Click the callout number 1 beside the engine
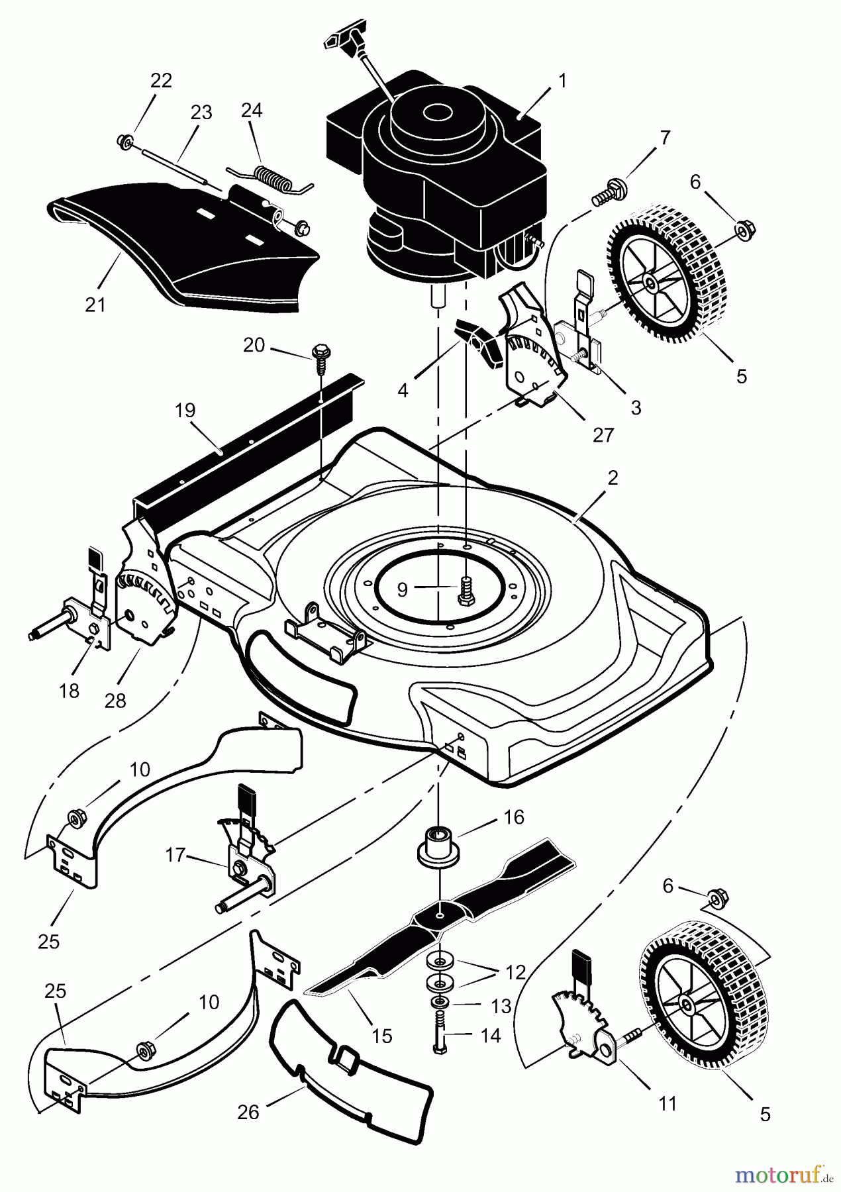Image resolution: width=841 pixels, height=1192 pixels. [562, 81]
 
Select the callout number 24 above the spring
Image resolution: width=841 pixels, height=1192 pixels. [252, 110]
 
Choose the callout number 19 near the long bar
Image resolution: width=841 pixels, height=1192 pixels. [185, 410]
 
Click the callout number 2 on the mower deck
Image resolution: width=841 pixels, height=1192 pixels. [613, 477]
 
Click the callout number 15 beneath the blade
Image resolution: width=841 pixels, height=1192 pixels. [382, 1035]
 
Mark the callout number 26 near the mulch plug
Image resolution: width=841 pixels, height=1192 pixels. [248, 1112]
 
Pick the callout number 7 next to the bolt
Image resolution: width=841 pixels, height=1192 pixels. [664, 138]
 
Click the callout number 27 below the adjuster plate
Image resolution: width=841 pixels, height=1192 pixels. [603, 434]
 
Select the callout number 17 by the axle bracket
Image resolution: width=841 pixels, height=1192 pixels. [175, 856]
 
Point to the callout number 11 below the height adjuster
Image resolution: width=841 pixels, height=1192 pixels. [668, 1103]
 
